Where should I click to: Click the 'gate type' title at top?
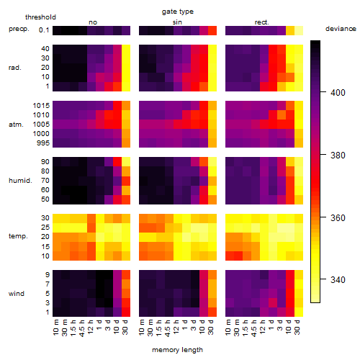(x=178, y=12)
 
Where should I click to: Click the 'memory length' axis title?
(x=177, y=350)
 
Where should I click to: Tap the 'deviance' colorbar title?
(x=341, y=29)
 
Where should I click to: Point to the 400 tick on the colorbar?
(x=323, y=92)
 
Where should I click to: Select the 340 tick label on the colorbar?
(x=338, y=280)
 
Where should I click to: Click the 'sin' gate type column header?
(x=177, y=22)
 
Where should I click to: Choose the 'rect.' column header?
(x=261, y=22)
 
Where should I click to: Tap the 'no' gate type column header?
(x=93, y=22)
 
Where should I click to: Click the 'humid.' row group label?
(x=20, y=181)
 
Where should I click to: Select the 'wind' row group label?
(x=17, y=294)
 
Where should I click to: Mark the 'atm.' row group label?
(x=16, y=125)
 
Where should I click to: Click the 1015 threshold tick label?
(x=41, y=106)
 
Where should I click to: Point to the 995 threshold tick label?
(x=43, y=143)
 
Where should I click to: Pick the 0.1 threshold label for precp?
(x=44, y=30)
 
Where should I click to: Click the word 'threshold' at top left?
(x=40, y=17)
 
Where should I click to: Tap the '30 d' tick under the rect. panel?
(x=297, y=327)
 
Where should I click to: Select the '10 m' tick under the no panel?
(x=55, y=328)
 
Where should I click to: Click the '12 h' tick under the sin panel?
(x=176, y=327)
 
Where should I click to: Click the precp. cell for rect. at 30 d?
(x=299, y=30)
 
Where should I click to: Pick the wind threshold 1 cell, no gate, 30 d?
(x=126, y=312)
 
